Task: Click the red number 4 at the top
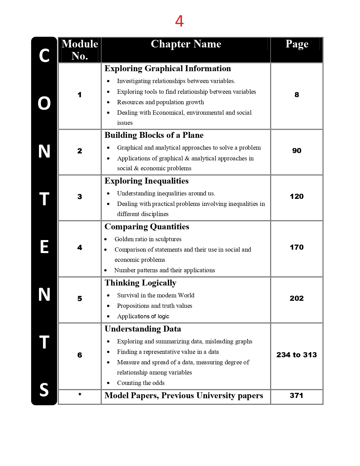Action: (x=179, y=21)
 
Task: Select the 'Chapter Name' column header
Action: (x=186, y=44)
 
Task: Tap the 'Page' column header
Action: (x=297, y=44)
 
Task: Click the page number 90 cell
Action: (x=297, y=151)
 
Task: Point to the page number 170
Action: (x=297, y=247)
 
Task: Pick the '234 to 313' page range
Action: (x=297, y=355)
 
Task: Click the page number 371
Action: (x=296, y=395)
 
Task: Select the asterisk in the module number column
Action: (x=80, y=395)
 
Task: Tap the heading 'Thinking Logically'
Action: (x=140, y=283)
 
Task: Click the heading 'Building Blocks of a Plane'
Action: (x=154, y=135)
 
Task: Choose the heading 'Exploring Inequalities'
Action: (x=147, y=181)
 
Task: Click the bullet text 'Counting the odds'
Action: (x=141, y=383)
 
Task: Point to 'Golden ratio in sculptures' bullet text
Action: (x=148, y=239)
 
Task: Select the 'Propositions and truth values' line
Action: (x=154, y=306)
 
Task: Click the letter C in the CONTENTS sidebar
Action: (x=44, y=56)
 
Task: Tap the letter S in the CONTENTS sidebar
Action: (x=44, y=390)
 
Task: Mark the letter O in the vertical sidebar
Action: (x=44, y=103)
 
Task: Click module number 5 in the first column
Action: (x=80, y=299)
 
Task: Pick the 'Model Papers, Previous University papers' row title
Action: (x=184, y=396)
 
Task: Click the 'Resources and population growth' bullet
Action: (x=160, y=102)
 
